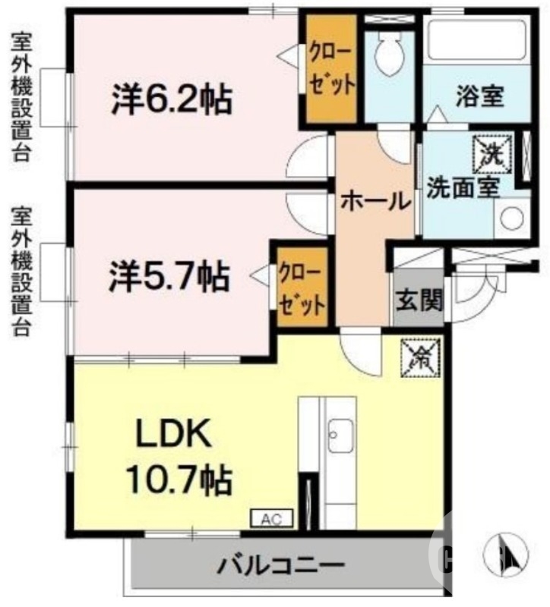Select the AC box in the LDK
271,520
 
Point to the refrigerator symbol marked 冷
420,356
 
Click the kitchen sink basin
340,436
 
